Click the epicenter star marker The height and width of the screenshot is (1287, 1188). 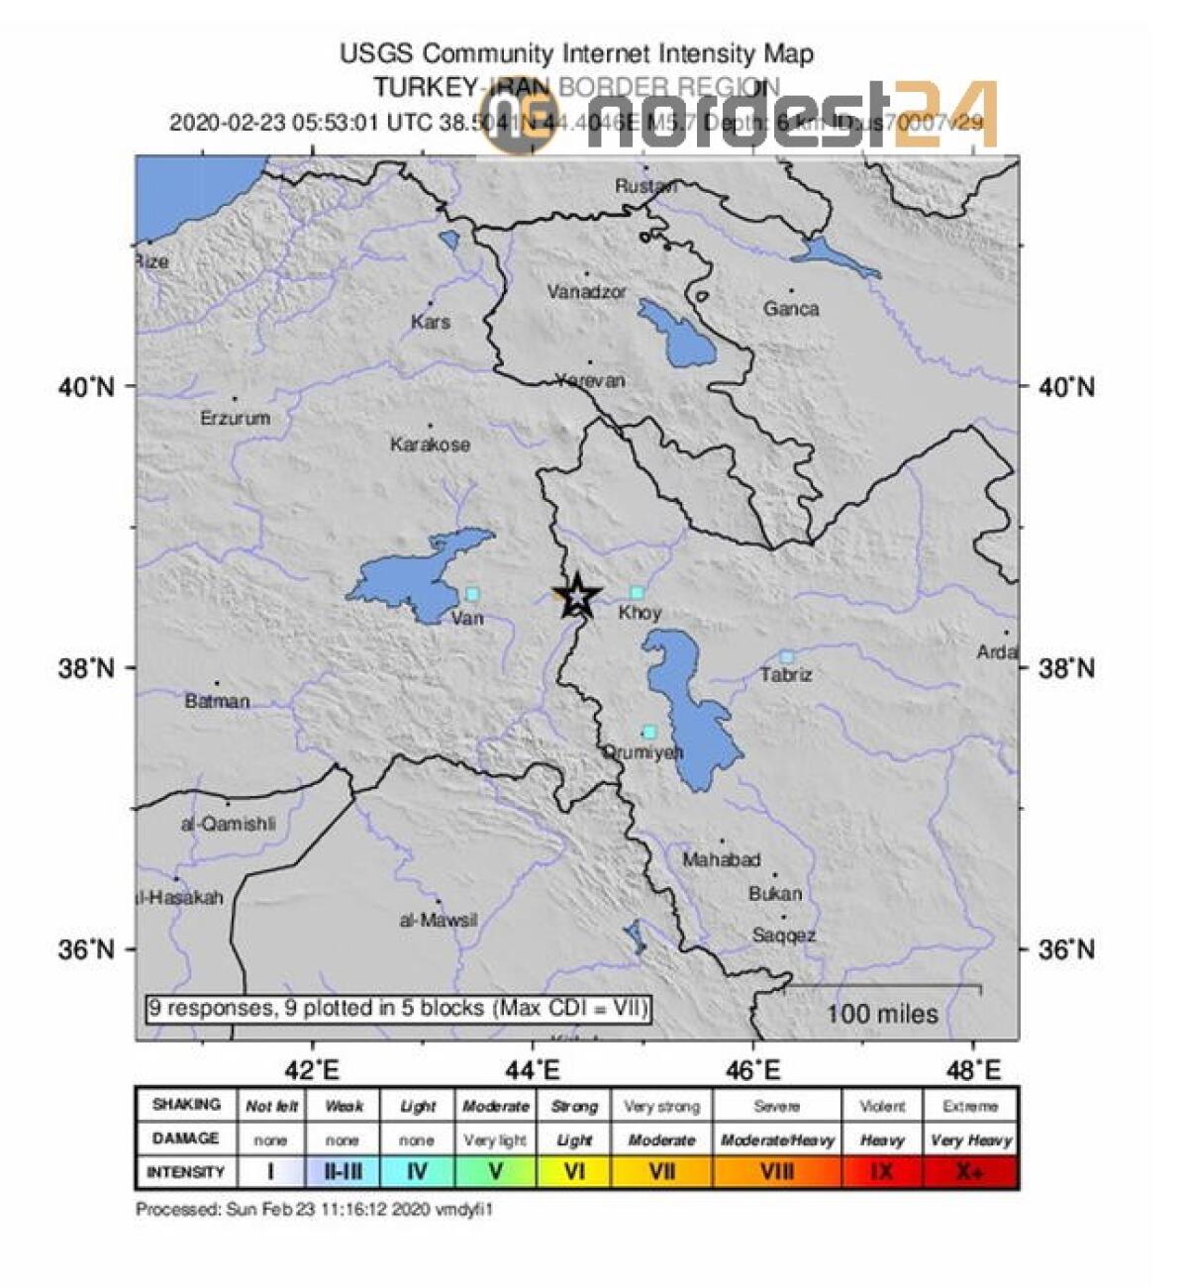pyautogui.click(x=577, y=596)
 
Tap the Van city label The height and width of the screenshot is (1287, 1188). pyautogui.click(x=467, y=619)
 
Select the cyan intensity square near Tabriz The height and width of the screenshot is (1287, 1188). pyautogui.click(x=786, y=656)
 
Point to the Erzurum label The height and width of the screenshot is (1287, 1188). pyautogui.click(x=235, y=419)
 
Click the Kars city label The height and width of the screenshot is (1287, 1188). pyautogui.click(x=431, y=322)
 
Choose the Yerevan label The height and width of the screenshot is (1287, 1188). pyautogui.click(x=590, y=380)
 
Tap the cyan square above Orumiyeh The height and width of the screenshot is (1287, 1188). pyautogui.click(x=649, y=733)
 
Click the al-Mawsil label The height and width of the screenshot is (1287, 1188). pyautogui.click(x=438, y=921)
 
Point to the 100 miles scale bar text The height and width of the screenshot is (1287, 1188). pyautogui.click(x=882, y=1014)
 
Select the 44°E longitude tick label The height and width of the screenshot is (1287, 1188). pyautogui.click(x=533, y=1070)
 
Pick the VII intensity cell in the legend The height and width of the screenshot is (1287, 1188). pyautogui.click(x=661, y=1172)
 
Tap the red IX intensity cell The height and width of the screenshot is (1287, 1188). pyautogui.click(x=881, y=1172)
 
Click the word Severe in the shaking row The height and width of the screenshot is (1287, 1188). pyautogui.click(x=776, y=1107)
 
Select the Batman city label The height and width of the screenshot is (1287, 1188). pyautogui.click(x=217, y=701)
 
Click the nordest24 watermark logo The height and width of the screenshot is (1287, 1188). pyautogui.click(x=738, y=117)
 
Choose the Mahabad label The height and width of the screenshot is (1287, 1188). pyautogui.click(x=721, y=860)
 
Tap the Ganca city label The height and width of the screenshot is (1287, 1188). pyautogui.click(x=791, y=309)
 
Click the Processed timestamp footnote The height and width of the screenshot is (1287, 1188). pyautogui.click(x=314, y=1210)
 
